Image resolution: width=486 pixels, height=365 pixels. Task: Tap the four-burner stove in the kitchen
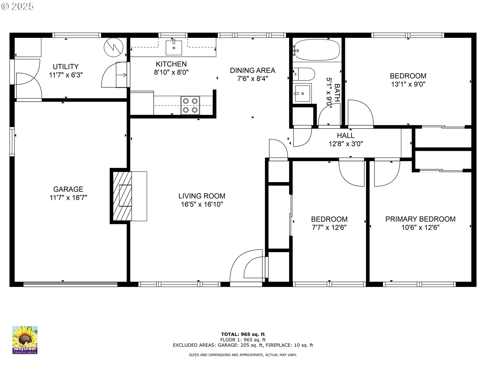tap(190, 105)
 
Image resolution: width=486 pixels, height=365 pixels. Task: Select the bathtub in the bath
tap(316, 50)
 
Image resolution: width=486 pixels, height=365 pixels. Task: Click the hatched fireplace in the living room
tap(122, 196)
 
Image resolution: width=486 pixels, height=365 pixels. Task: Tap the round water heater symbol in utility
tap(113, 47)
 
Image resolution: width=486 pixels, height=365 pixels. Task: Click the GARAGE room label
tap(68, 189)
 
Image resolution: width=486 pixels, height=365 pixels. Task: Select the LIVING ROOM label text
tap(202, 196)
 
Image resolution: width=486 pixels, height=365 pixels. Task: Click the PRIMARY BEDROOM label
tap(420, 219)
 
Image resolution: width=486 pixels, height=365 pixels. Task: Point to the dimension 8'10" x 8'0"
tap(171, 72)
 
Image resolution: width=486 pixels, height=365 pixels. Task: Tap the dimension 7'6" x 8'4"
tap(253, 79)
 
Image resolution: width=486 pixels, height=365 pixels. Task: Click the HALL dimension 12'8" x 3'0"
tap(346, 144)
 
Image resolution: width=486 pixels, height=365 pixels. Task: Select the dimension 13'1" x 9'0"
tap(408, 84)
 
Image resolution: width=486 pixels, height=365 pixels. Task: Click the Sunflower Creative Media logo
tap(25, 340)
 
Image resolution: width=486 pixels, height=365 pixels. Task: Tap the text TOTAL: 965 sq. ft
tap(243, 334)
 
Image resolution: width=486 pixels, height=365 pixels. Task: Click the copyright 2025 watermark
tap(17, 6)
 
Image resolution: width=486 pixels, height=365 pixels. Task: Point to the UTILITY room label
tap(66, 67)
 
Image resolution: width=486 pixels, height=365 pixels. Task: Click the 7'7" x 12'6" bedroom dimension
tap(329, 228)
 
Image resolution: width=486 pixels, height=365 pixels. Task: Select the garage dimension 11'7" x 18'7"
tap(68, 198)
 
